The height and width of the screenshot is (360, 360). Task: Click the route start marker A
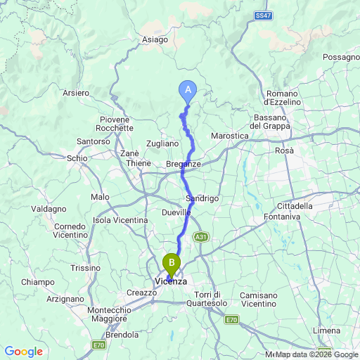187,89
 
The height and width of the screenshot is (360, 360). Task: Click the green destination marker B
171,264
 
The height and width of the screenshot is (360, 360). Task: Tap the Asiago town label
155,40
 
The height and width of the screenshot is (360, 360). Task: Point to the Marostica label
231,136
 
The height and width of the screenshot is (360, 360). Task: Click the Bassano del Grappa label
278,121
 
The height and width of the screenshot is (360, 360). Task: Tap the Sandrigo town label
202,199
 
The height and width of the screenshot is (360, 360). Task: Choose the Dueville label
176,212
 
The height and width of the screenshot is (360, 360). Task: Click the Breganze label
184,164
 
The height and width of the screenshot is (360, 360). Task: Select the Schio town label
77,158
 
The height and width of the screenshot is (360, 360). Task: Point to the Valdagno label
49,209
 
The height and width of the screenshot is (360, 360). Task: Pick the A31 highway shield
200,236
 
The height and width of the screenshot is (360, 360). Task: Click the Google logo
23,351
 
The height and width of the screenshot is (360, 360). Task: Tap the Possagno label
341,57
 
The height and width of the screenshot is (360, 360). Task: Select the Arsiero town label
76,93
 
